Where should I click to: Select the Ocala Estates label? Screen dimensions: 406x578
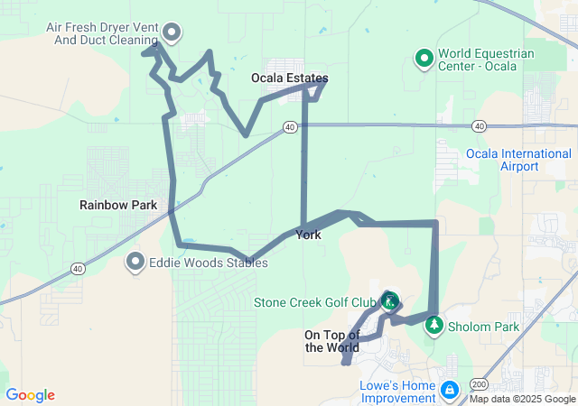click(289, 78)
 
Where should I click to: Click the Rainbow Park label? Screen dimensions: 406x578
click(118, 205)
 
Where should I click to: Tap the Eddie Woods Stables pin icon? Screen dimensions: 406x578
click(136, 263)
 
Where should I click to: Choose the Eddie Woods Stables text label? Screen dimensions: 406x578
click(208, 263)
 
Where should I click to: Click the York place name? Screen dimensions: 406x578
click(308, 235)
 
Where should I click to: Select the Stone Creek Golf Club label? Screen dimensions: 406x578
click(314, 301)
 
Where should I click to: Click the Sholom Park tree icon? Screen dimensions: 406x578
click(434, 325)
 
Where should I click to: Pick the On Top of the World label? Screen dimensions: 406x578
click(331, 341)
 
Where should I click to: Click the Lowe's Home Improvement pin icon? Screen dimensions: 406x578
click(448, 390)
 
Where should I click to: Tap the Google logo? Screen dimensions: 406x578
click(31, 395)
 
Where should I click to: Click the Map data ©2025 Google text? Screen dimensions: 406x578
click(521, 399)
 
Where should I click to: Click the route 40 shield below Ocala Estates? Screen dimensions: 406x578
click(289, 128)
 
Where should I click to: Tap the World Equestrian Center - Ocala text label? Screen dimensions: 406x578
click(486, 60)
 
